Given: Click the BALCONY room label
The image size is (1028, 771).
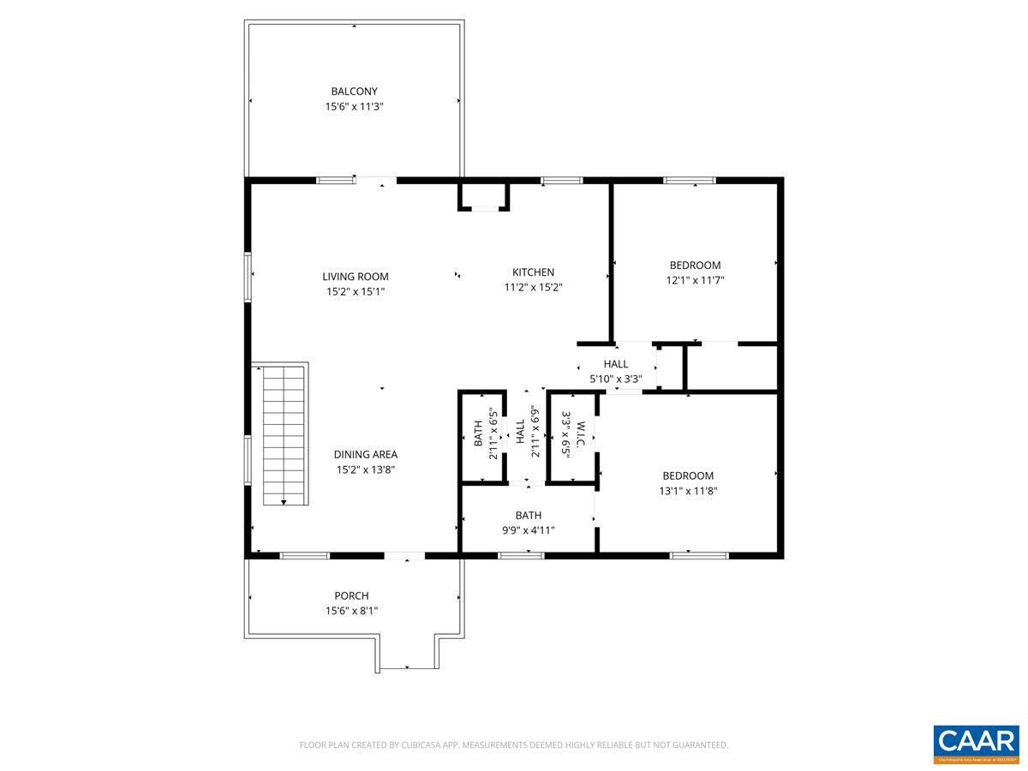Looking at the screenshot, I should tap(354, 91).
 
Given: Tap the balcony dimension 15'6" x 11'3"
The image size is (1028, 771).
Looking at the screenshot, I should tap(354, 106).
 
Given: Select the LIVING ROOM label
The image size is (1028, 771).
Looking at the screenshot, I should tap(355, 276).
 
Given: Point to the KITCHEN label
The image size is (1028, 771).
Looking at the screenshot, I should tap(533, 272).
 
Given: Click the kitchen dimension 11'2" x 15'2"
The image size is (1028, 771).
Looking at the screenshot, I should tap(533, 288).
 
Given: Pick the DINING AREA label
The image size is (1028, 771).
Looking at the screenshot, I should tap(365, 454).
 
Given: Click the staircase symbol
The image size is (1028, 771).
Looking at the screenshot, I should tap(284, 435).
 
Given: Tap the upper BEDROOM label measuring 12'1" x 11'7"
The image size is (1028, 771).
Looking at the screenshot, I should tap(695, 265).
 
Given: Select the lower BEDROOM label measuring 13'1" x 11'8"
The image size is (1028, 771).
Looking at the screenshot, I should tap(687, 475).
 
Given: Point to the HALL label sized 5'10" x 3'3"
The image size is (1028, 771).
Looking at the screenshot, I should tap(615, 364).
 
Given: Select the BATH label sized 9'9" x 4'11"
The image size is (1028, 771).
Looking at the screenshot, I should tap(528, 515).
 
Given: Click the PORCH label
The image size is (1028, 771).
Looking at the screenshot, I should tap(351, 595).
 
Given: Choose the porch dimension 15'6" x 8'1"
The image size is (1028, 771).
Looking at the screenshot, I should tap(351, 611).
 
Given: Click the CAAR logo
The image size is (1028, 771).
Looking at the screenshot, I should tap(976, 742).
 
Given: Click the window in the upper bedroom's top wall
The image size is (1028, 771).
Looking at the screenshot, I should tap(690, 180).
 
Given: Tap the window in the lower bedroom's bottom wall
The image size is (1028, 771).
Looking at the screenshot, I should tap(699, 555).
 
